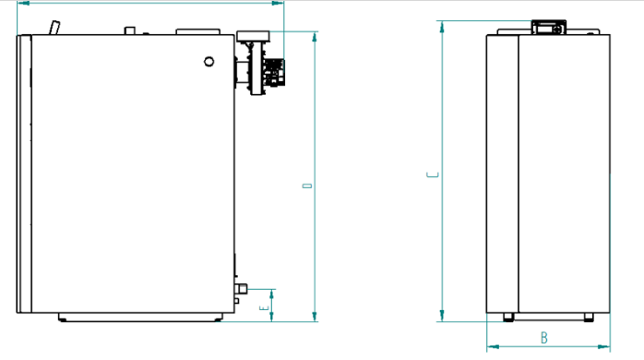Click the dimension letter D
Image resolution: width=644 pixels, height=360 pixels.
click(x=307, y=186)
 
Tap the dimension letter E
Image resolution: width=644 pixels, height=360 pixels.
click(x=264, y=307)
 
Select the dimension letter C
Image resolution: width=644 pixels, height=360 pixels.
click(x=433, y=175)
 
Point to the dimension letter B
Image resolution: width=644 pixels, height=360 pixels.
click(x=544, y=338)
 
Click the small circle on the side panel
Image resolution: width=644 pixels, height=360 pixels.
click(x=209, y=62)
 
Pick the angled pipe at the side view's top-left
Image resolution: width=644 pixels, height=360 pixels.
click(x=54, y=28)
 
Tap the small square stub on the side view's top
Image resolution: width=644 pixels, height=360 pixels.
click(x=130, y=30)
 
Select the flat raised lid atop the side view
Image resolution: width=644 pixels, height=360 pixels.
click(x=198, y=31)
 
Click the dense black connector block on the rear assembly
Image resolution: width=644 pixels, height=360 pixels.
click(x=274, y=72)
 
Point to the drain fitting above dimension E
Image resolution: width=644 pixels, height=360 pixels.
click(x=241, y=289)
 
